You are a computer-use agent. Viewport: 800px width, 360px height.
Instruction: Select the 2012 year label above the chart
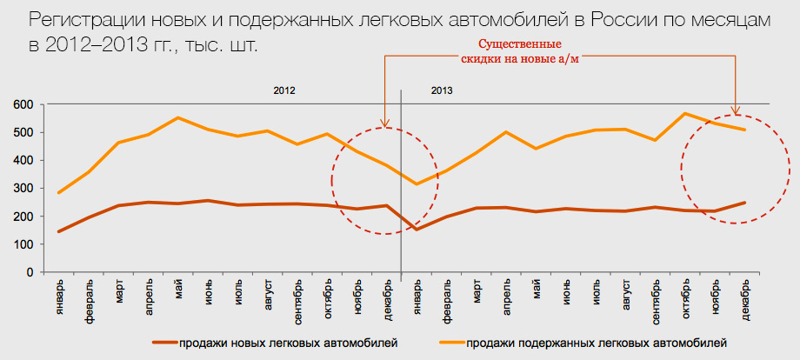coord(284,90)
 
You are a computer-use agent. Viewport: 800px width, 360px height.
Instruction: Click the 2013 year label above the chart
coord(442,90)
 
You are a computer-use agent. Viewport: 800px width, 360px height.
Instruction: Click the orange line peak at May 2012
coord(178,117)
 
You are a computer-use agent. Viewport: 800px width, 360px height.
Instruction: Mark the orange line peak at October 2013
coord(685,114)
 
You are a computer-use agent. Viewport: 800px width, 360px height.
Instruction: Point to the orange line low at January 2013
coord(417,183)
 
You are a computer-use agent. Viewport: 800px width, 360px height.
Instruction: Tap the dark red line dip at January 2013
coord(417,230)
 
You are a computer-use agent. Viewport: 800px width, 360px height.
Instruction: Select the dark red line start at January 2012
coord(59,231)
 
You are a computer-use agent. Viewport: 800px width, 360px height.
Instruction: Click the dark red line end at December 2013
coord(745,203)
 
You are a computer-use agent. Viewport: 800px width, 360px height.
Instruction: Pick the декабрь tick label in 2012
coord(388,297)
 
